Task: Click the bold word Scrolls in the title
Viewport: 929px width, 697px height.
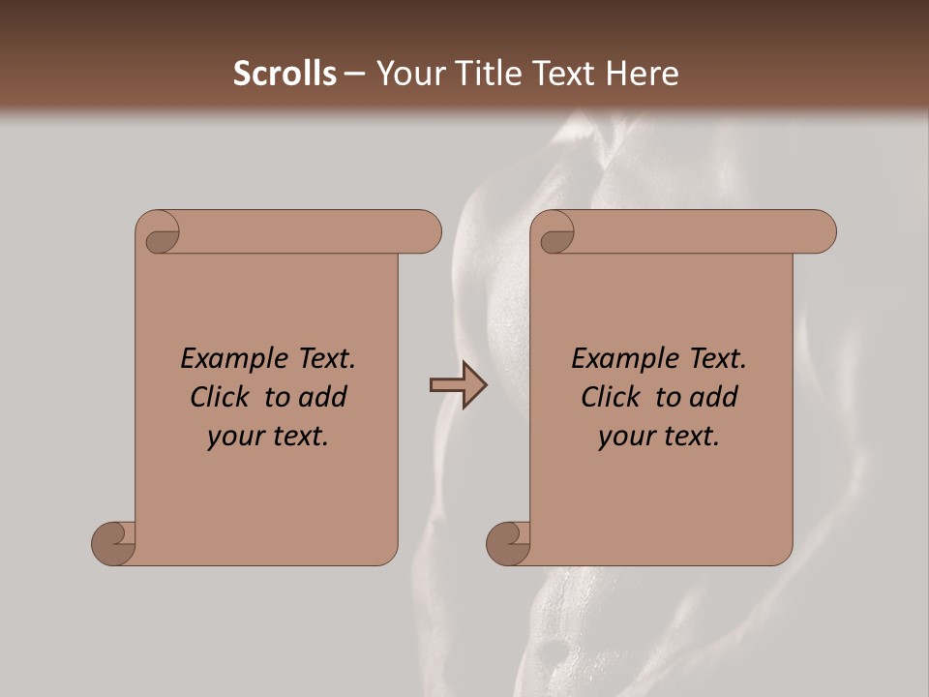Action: coord(285,74)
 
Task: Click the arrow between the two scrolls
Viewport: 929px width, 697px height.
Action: coord(458,385)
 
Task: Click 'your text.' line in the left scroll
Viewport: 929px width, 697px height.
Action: coord(268,436)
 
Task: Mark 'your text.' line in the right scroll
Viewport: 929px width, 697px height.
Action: coord(659,436)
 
